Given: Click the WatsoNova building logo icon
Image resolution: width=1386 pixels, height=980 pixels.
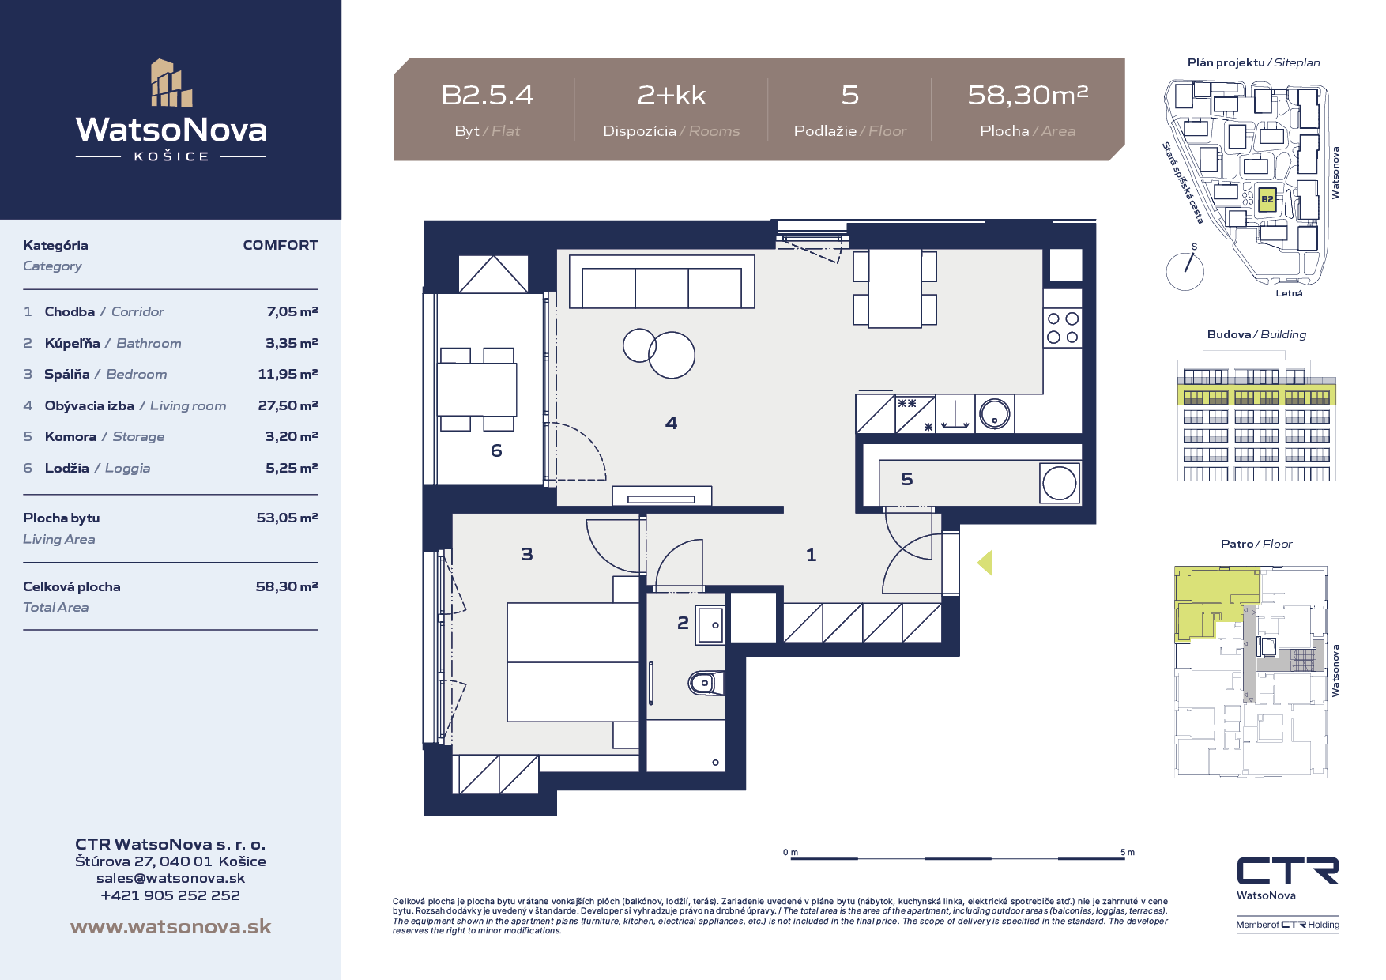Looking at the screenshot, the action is [171, 83].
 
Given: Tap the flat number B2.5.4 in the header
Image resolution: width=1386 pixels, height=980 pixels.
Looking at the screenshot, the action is [487, 95].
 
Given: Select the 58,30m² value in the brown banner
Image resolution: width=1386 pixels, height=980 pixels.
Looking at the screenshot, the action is [1028, 95].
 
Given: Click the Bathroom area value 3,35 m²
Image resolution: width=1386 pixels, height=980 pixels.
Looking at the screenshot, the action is [292, 343].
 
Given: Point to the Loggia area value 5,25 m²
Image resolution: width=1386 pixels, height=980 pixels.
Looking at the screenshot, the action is [292, 468].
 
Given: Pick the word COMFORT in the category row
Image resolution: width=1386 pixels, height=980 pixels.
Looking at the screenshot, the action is [281, 245].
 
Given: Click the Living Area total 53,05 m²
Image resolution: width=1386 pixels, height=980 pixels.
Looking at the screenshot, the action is [287, 518].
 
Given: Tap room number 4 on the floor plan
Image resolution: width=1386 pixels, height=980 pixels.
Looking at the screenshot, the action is [671, 423].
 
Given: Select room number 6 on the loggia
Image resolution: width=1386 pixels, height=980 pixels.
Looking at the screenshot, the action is [496, 450].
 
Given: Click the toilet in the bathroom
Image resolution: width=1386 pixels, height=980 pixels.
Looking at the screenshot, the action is [706, 683].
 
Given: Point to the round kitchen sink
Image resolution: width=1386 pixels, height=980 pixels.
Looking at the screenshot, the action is [994, 413].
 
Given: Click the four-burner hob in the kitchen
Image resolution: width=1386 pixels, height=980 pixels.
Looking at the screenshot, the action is [1062, 328].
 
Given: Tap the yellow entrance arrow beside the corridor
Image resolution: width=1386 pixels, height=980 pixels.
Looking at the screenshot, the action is [985, 563].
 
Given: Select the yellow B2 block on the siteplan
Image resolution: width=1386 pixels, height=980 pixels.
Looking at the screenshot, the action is [1267, 199].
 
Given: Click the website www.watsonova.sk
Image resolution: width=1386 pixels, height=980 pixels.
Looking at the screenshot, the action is [171, 926].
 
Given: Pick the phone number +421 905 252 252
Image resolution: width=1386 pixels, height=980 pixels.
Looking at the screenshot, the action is [171, 895].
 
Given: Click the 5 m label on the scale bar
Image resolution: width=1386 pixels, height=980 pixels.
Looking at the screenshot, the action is [1128, 852].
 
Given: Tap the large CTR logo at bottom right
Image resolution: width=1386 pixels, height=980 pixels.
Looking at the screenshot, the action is [1287, 872].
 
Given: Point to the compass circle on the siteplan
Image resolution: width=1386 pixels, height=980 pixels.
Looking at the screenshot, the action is [1185, 271].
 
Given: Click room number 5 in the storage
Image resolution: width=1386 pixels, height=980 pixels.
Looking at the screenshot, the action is [907, 479].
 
